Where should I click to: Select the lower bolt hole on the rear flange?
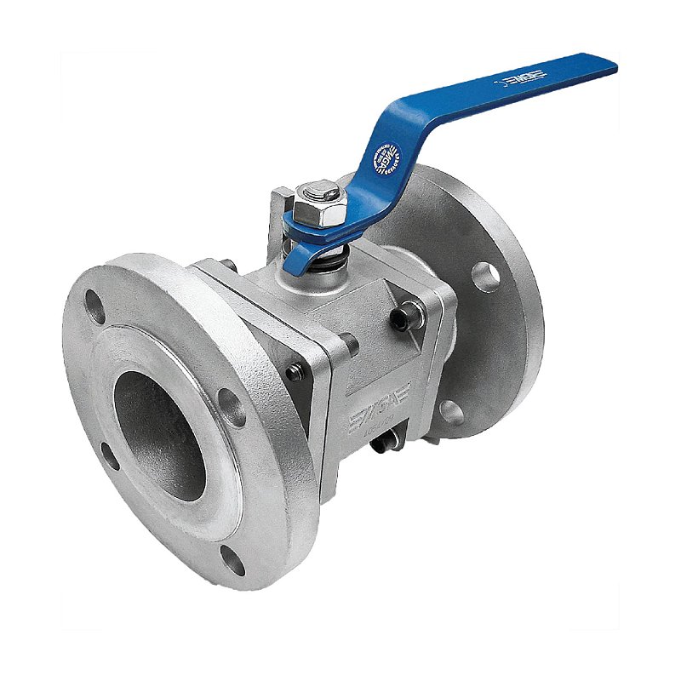pos(451,412)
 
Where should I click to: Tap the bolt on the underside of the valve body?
pos(387,442)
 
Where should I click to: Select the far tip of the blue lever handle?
pos(606,65)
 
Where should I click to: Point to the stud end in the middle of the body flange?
pos(349,344)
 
